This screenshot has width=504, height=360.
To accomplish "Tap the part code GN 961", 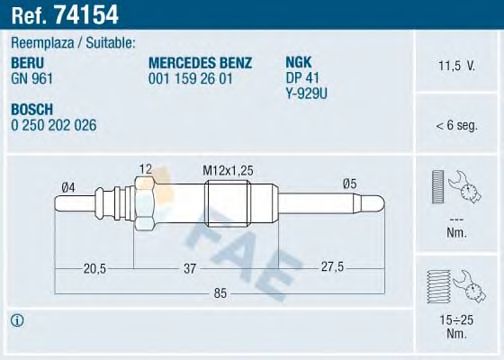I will click(x=30, y=75).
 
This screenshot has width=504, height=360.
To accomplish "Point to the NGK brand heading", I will click(x=298, y=60).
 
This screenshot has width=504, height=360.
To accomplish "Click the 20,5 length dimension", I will click(x=97, y=267).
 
